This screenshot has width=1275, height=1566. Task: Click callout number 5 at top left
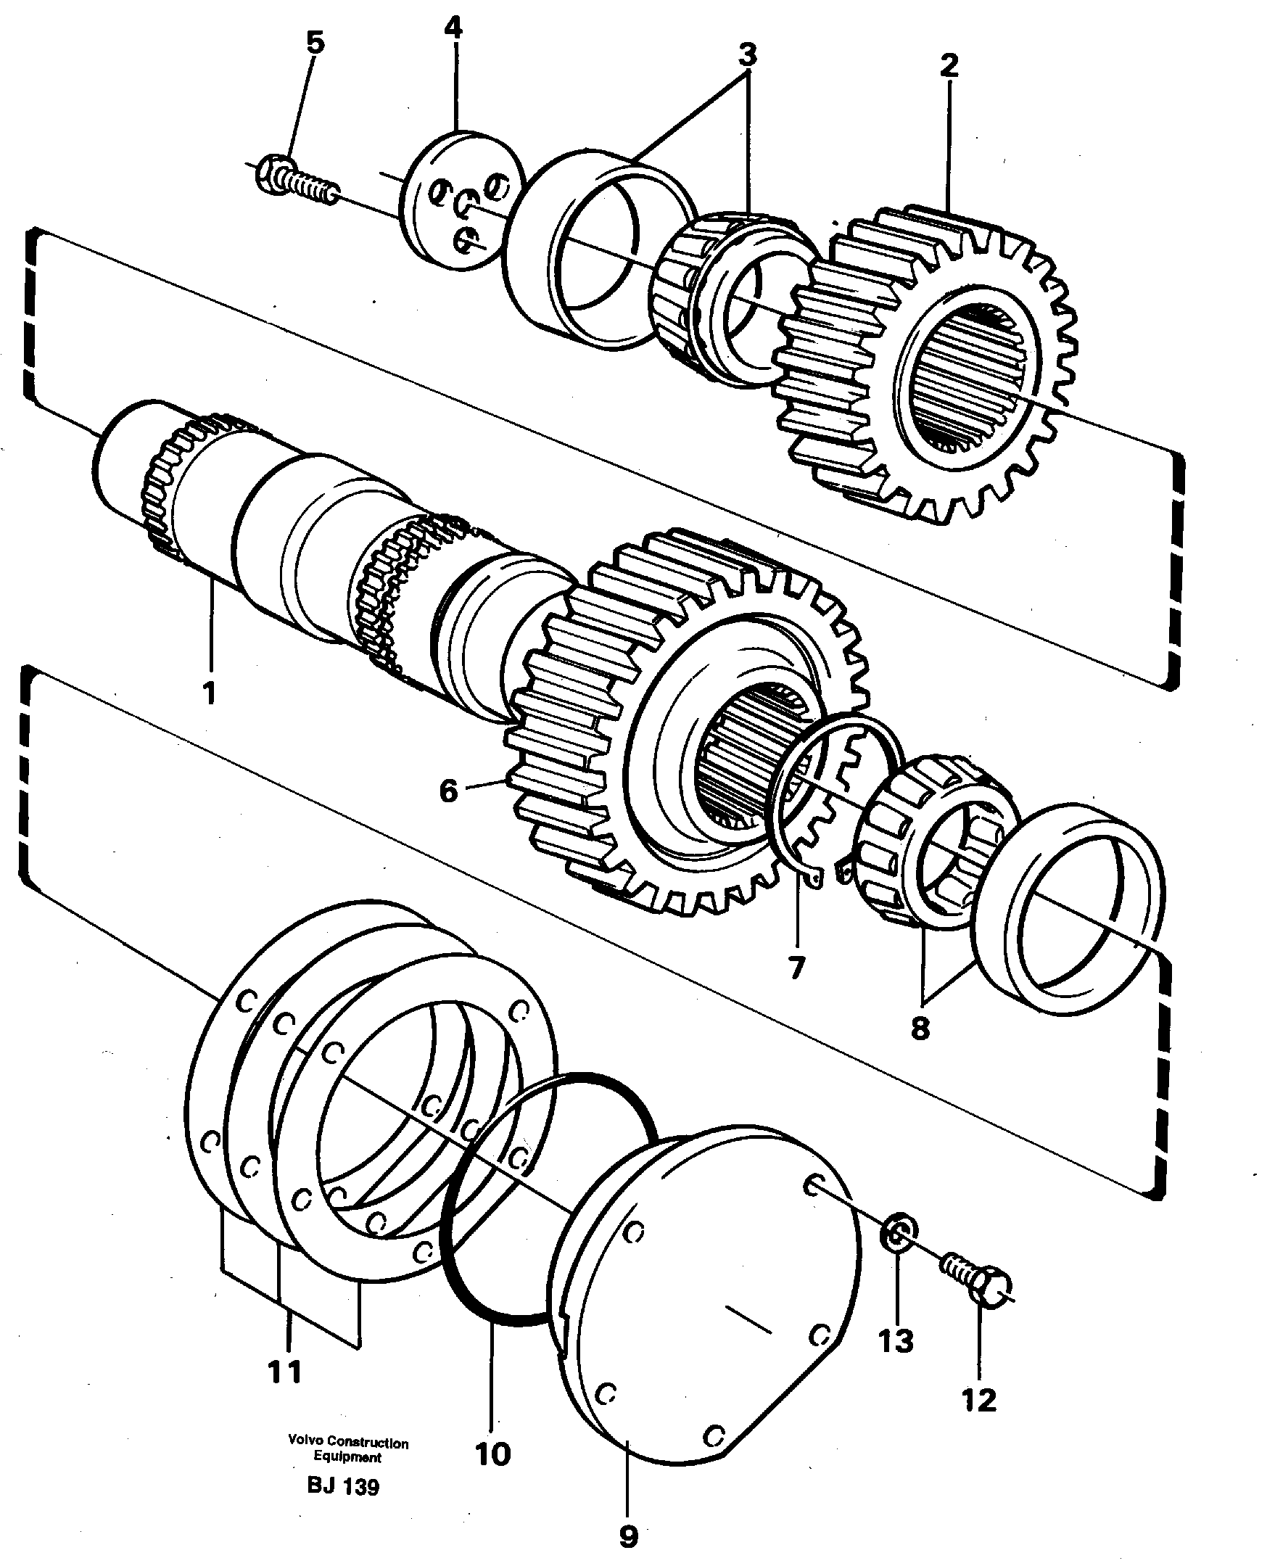coord(314,44)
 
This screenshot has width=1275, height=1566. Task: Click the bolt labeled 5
coord(294,178)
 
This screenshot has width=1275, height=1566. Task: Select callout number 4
coord(453,28)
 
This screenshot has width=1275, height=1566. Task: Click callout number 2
coord(949,65)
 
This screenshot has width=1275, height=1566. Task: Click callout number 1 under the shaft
coord(209,693)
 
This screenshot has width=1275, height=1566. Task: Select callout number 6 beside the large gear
coord(448,791)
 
